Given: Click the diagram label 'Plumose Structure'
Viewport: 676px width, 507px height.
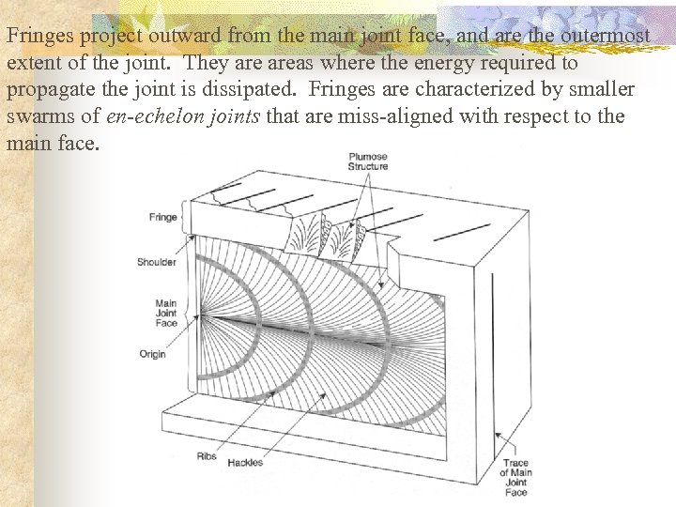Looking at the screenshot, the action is pyautogui.click(x=367, y=161).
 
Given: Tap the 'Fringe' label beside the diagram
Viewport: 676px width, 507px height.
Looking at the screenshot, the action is pyautogui.click(x=162, y=218).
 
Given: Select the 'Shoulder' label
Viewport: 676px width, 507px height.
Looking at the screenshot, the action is pyautogui.click(x=157, y=262).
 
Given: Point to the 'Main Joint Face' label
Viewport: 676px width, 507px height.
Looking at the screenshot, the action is pyautogui.click(x=165, y=314).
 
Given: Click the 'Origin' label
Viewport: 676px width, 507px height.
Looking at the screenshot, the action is pyautogui.click(x=152, y=354).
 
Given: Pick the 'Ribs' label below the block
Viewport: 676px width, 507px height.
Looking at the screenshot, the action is pyautogui.click(x=207, y=456).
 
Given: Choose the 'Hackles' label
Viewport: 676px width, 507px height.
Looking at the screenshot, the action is pyautogui.click(x=245, y=462).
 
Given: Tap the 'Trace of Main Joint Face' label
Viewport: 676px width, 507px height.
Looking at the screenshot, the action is pyautogui.click(x=515, y=477).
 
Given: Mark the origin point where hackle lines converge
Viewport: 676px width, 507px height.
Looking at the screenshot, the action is pyautogui.click(x=200, y=317).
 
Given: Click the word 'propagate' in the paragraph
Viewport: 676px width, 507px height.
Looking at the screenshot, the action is pyautogui.click(x=52, y=90).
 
